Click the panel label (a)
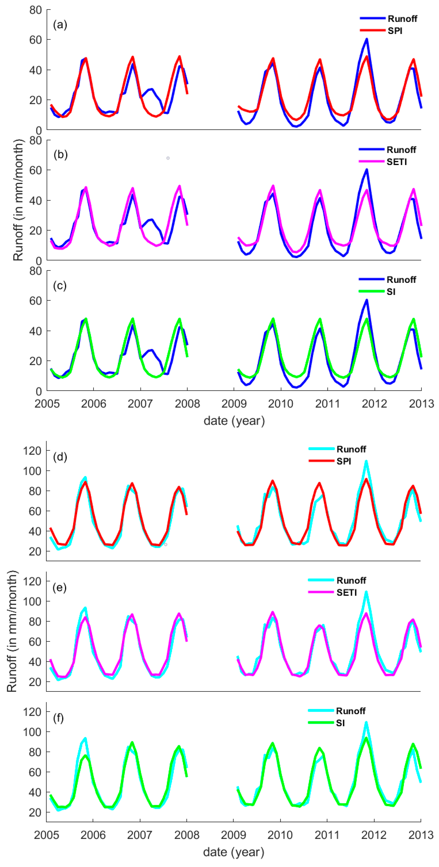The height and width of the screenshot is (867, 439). pyautogui.click(x=60, y=25)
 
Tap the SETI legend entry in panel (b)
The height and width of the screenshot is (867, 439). pyautogui.click(x=397, y=162)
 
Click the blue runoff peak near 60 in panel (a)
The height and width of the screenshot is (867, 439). pyautogui.click(x=367, y=39)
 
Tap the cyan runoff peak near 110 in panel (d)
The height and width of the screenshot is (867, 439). pyautogui.click(x=366, y=461)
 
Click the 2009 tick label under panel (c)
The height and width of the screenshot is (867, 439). pyautogui.click(x=234, y=404)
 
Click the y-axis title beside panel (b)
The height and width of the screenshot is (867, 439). pyautogui.click(x=19, y=200)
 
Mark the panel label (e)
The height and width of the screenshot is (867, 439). pyautogui.click(x=60, y=588)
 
